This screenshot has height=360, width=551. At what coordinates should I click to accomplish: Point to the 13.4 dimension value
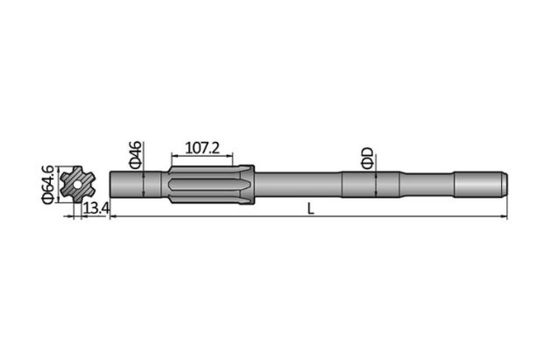coord(95,208)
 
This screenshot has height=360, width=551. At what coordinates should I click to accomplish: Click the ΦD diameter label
coord(368,158)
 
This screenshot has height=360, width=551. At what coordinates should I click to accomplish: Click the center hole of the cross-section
coord(80,185)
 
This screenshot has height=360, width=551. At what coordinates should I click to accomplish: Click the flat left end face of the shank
coord(111,185)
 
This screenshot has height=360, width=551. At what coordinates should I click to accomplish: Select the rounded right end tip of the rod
coord(505,185)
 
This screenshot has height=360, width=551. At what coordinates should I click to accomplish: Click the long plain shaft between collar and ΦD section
coord(298,185)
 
